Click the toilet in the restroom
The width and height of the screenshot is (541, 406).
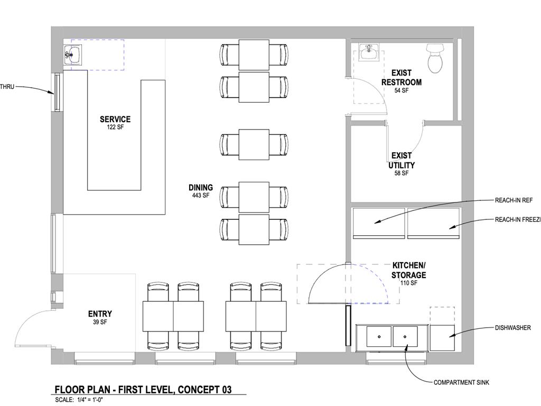[x=435, y=58]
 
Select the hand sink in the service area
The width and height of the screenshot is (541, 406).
[x=73, y=54]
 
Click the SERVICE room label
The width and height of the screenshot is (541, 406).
[x=115, y=119]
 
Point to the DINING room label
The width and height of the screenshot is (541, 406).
[x=201, y=188]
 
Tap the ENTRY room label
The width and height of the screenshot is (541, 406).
[x=100, y=314]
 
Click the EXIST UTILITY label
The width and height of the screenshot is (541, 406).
[x=402, y=161]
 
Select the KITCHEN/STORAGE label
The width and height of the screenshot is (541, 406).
[x=409, y=270]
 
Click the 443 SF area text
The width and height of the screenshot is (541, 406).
[x=201, y=196]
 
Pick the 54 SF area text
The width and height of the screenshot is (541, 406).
[x=402, y=90]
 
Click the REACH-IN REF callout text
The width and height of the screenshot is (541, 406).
[x=514, y=200]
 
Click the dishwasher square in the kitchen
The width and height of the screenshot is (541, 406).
[x=442, y=338]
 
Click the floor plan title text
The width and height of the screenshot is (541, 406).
[x=143, y=390]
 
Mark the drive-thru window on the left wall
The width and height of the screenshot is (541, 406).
[x=56, y=92]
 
